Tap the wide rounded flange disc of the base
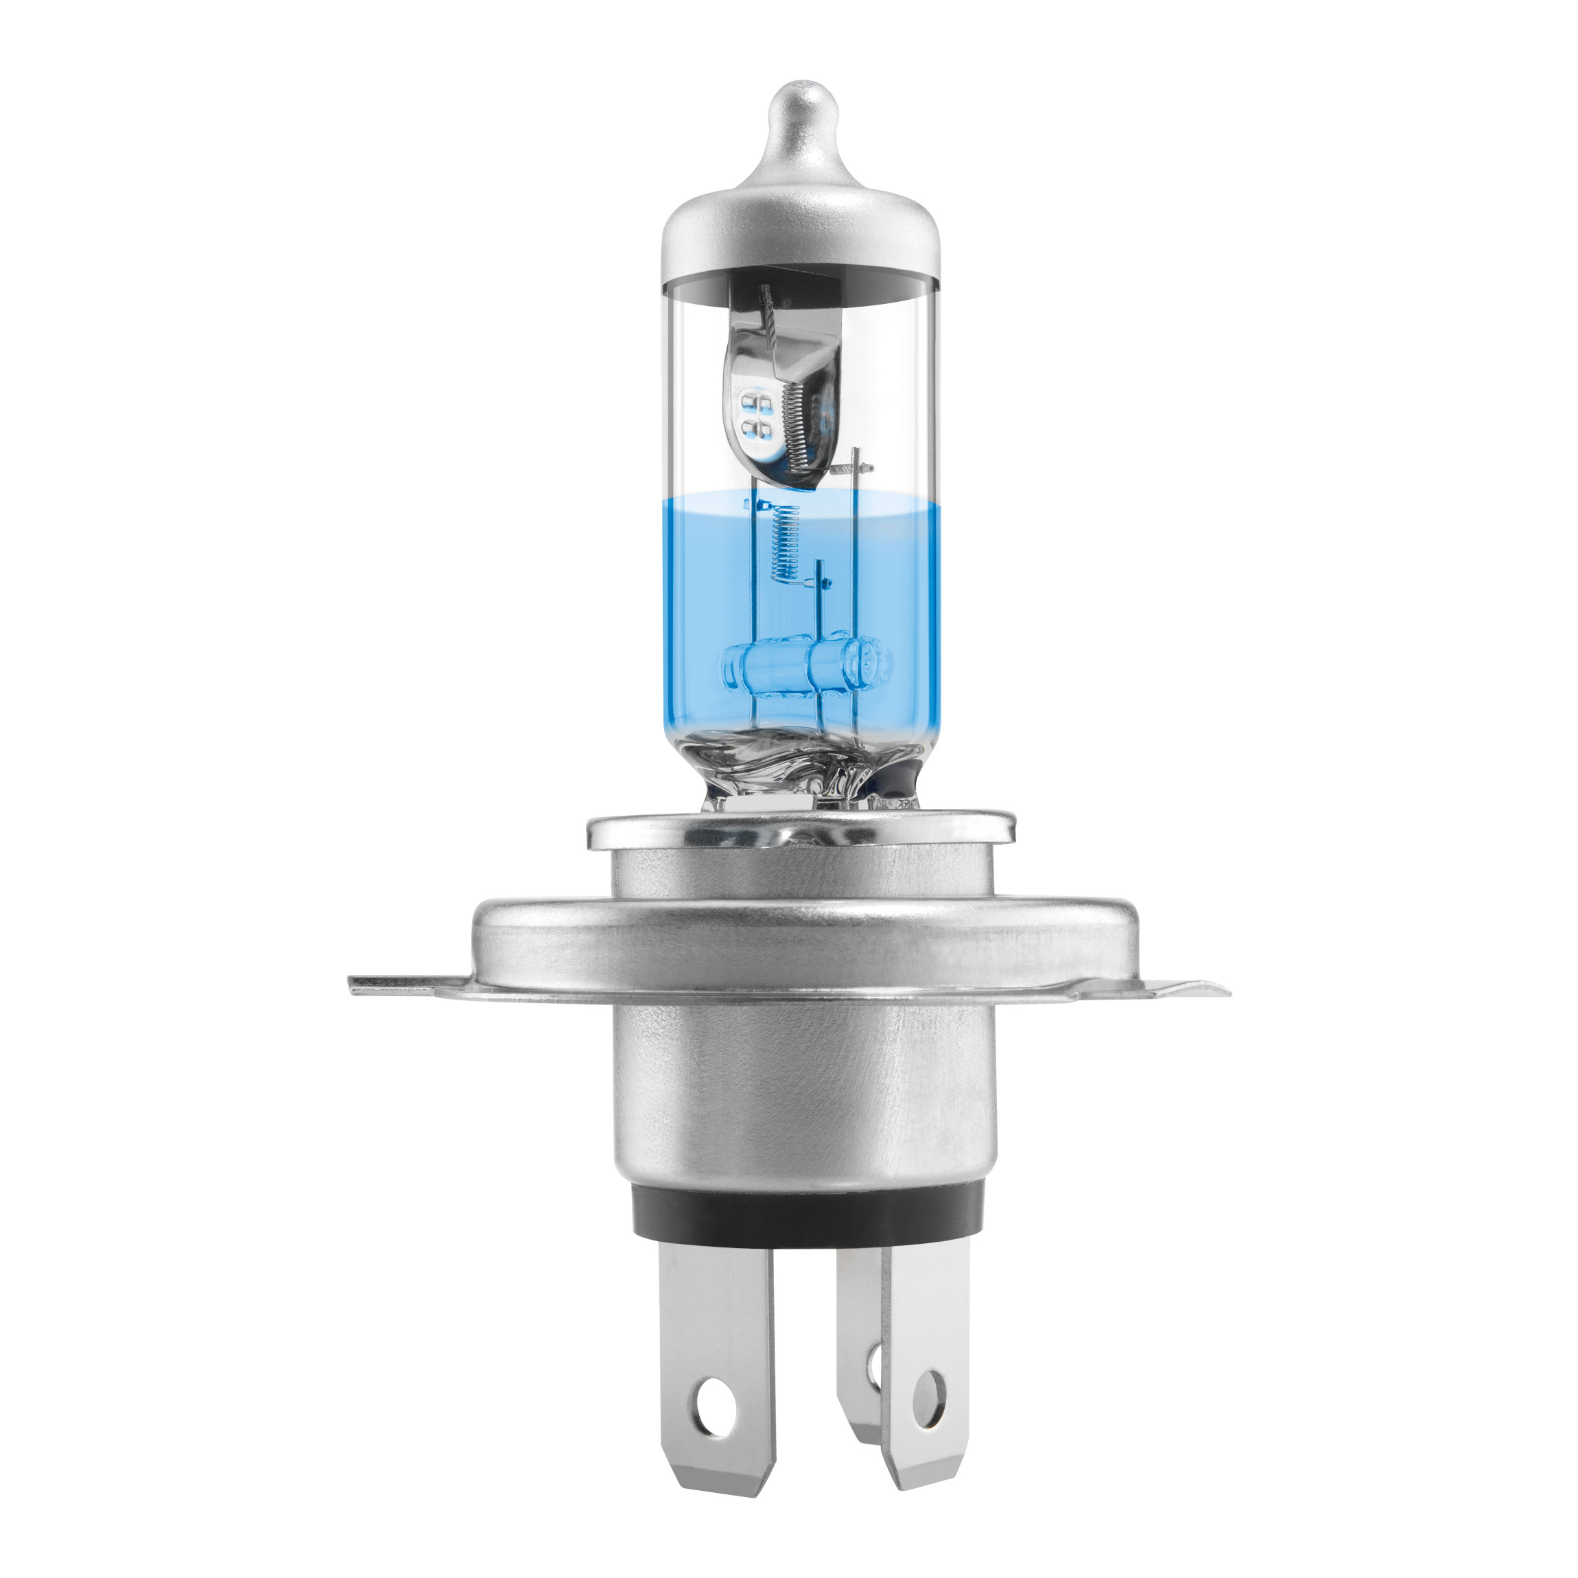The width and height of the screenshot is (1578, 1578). coord(801,939)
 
